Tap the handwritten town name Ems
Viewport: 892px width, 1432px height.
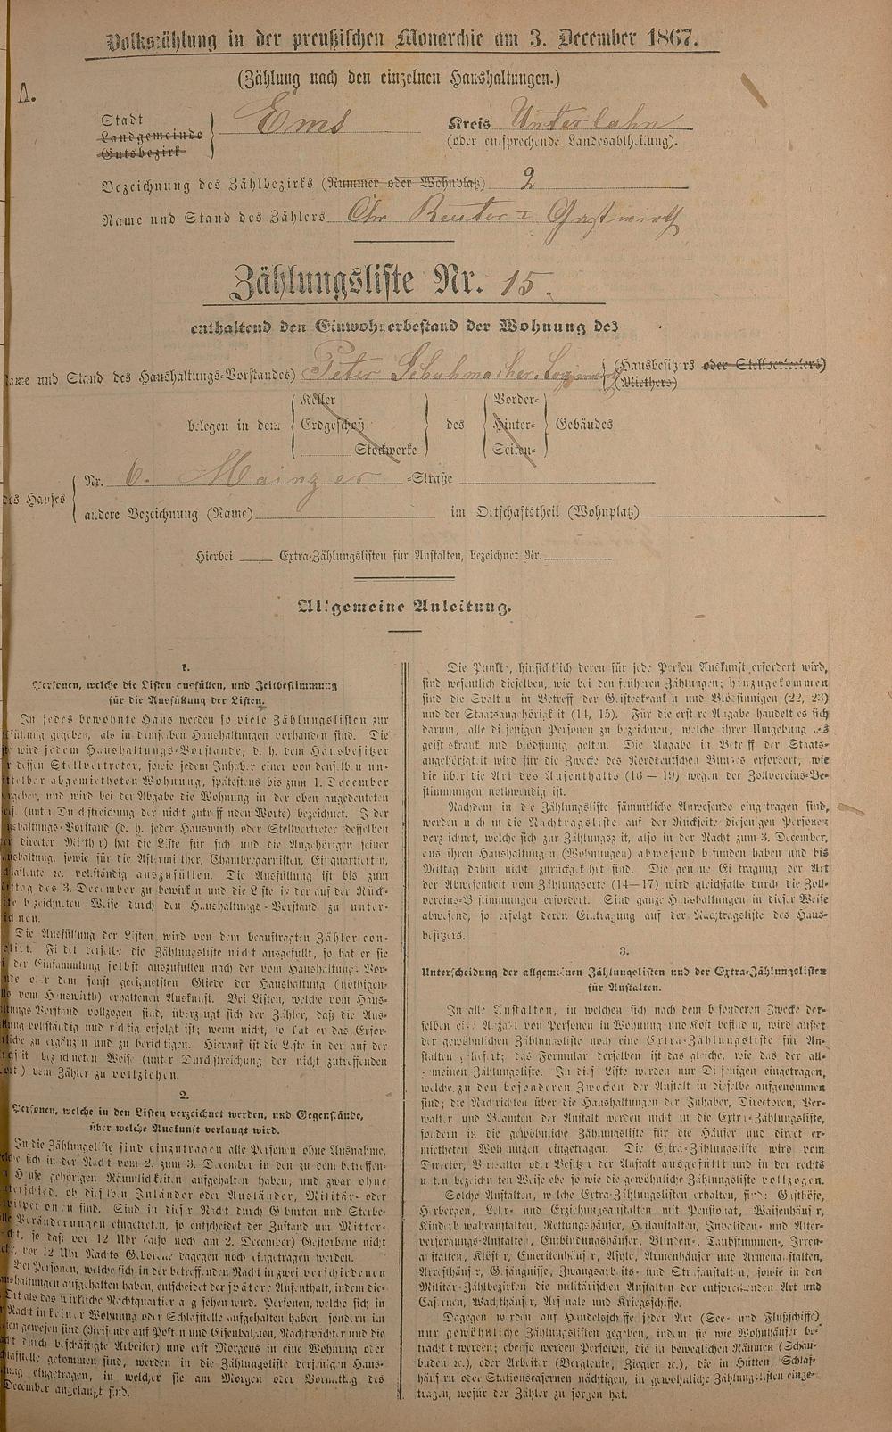tap(291, 124)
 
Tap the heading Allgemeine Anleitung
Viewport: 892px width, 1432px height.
tap(405, 608)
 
